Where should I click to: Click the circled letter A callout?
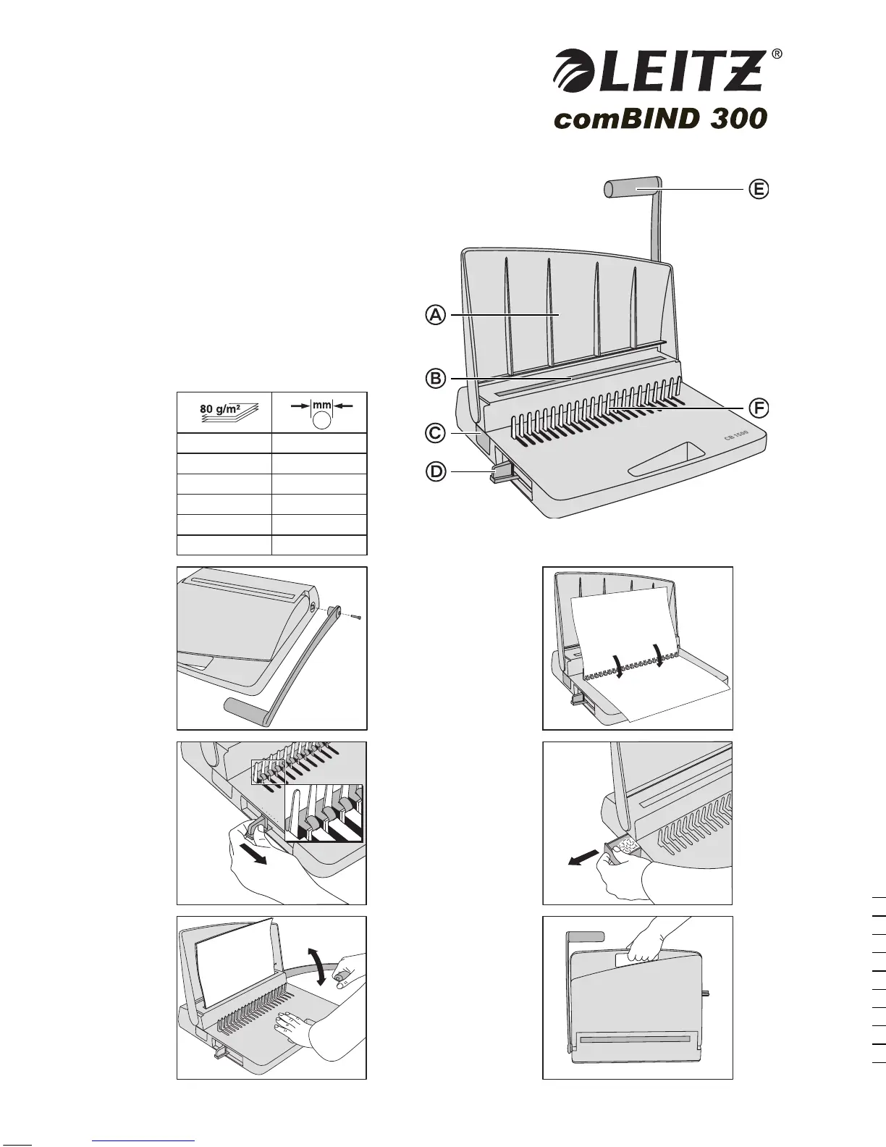[434, 316]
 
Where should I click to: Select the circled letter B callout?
[434, 379]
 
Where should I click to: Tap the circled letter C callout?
[434, 433]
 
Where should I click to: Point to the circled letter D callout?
[434, 473]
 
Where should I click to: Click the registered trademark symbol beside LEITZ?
[777, 54]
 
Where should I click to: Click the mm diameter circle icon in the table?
[322, 419]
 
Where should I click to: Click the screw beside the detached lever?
[355, 617]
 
